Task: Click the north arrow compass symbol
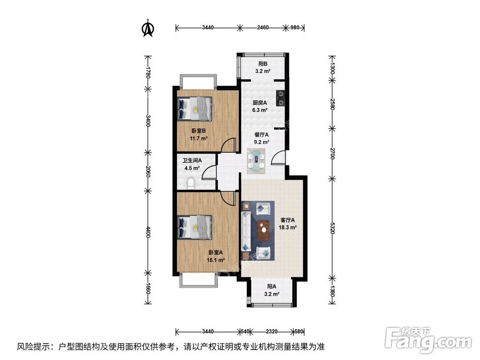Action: [x=148, y=28]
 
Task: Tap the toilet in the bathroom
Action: [x=191, y=183]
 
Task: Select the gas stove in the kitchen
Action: [x=281, y=98]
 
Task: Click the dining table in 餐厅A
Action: [x=256, y=161]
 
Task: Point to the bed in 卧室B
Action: [x=195, y=108]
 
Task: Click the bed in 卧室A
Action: [x=195, y=227]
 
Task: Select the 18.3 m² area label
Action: [x=288, y=228]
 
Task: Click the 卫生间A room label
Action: [x=192, y=160]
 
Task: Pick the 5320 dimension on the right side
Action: [x=333, y=228]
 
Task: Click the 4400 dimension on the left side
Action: [x=148, y=232]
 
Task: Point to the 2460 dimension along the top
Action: [x=263, y=27]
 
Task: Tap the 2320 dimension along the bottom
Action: [x=272, y=331]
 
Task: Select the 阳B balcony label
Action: [x=263, y=64]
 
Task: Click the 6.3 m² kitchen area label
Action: [x=260, y=110]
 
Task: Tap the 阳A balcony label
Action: [x=272, y=287]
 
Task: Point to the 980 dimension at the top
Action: [x=295, y=27]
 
